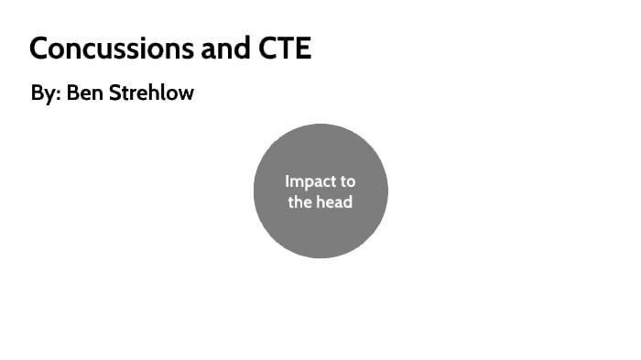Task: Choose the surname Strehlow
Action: [x=151, y=93]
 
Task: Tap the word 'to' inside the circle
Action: [x=347, y=181]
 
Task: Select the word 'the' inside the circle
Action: [x=300, y=202]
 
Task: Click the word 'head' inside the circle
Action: [x=334, y=202]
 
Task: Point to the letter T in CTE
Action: [x=283, y=48]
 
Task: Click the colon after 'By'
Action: [x=58, y=95]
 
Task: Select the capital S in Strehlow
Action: [x=114, y=93]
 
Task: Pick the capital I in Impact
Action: [x=287, y=181]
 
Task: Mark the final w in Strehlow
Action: [x=186, y=94]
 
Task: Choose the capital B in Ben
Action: [x=72, y=93]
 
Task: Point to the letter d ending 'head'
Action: [x=348, y=202]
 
